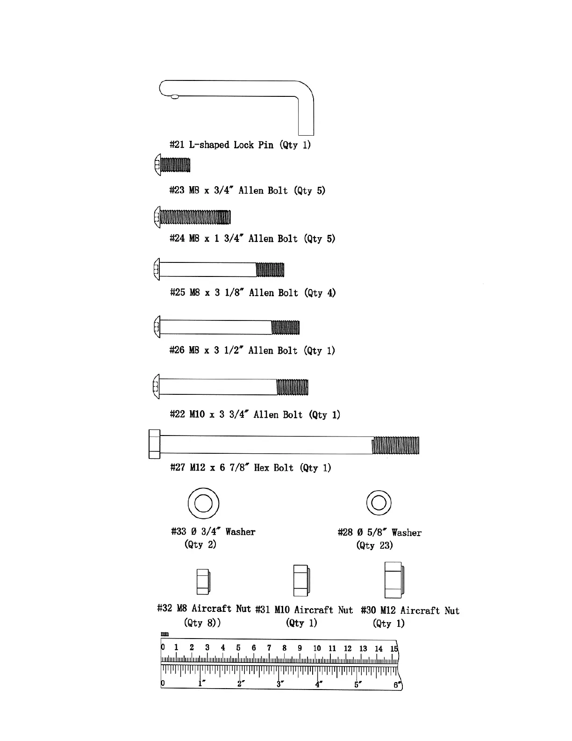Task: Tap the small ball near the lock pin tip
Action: click(175, 97)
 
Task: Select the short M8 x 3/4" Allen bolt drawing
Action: click(172, 166)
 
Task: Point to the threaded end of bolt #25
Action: click(270, 270)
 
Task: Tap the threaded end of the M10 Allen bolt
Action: click(293, 387)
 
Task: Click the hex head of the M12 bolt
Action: click(154, 444)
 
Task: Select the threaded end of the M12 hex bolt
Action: click(395, 445)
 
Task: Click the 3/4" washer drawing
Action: click(203, 503)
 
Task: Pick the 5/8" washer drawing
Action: click(379, 503)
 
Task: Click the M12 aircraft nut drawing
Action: click(394, 580)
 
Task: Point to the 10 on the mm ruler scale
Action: click(317, 648)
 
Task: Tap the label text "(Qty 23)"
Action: click(374, 545)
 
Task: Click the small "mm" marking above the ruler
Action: click(164, 634)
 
